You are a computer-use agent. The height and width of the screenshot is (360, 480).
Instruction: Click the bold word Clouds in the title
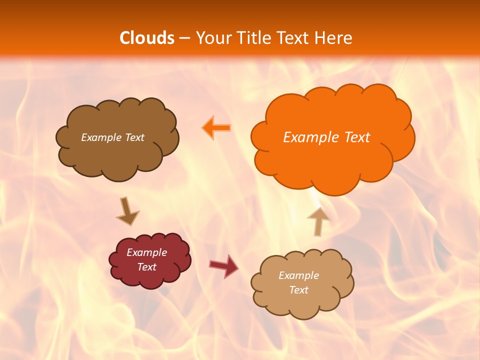click(x=147, y=38)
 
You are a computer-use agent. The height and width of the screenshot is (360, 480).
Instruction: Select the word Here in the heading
click(x=334, y=38)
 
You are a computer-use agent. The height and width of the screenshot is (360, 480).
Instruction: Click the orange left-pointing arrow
click(x=216, y=128)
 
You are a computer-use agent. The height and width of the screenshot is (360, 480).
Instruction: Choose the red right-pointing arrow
click(x=224, y=265)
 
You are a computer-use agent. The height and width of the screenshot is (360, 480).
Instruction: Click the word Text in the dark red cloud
click(x=147, y=267)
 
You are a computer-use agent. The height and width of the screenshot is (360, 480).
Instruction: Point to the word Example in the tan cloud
click(x=298, y=275)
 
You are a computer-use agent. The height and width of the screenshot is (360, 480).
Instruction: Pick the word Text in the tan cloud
click(x=298, y=290)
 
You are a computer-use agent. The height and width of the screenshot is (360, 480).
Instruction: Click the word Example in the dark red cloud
click(x=147, y=252)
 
